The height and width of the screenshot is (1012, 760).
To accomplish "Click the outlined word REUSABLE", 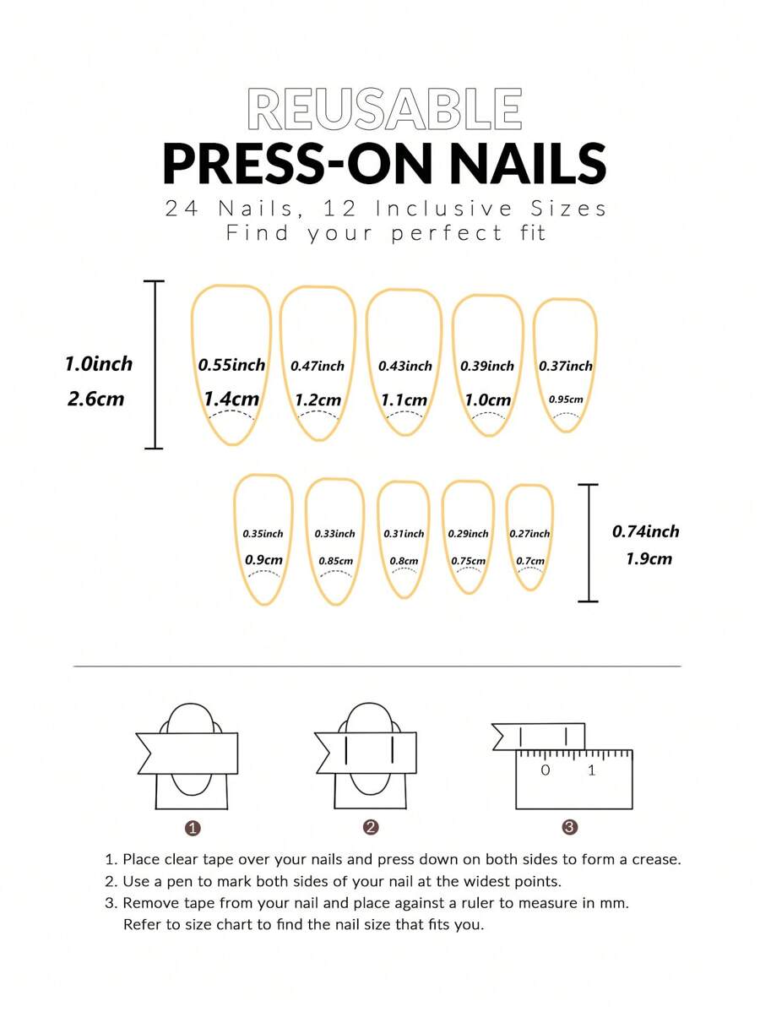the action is point(384,109).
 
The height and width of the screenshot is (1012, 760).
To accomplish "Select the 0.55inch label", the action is point(231,365).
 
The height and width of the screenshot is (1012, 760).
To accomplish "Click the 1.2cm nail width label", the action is point(318,400).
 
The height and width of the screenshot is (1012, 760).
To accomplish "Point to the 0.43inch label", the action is point(405,366).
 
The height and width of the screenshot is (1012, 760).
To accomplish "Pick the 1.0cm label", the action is point(488,400).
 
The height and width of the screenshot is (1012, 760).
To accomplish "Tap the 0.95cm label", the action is point(566,400).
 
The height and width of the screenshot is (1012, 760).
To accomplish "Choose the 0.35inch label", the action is point(263,534).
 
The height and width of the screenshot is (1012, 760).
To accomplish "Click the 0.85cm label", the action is point(335,561).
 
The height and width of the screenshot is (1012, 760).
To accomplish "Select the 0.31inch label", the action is point(404,534).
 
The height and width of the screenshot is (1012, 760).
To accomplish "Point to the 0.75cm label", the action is point(469,561).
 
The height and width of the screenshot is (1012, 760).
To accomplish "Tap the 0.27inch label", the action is point(529,534).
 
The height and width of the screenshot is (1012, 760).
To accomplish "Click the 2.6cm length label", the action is point(95,399).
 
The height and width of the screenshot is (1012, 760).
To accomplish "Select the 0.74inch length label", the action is point(645,532).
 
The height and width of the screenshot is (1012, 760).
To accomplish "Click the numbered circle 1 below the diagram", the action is point(193,828).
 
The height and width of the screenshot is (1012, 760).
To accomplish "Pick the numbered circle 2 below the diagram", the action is point(371,827).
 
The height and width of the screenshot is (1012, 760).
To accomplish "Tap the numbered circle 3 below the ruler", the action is point(569,827).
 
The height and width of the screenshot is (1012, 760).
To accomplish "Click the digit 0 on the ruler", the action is point(546,770).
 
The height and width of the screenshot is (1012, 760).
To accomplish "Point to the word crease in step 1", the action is point(655,860).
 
